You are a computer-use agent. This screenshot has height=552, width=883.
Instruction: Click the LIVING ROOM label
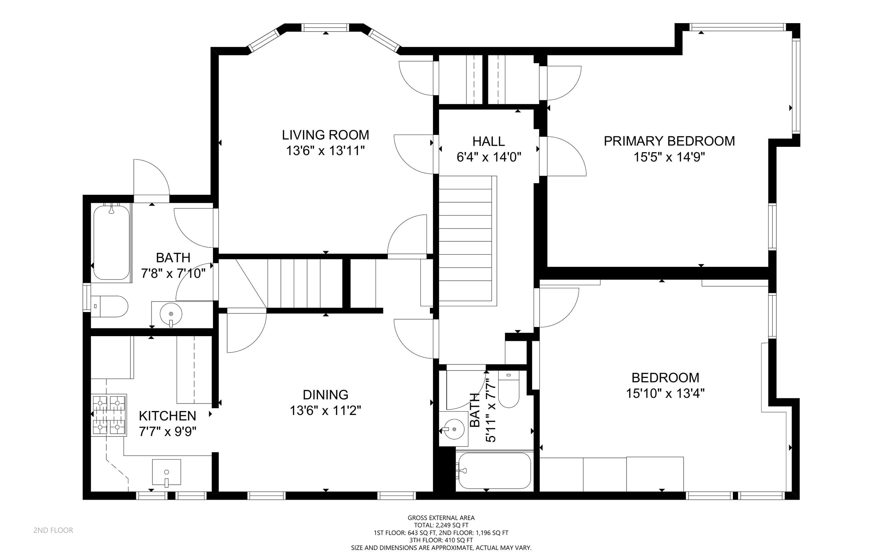tap(325, 135)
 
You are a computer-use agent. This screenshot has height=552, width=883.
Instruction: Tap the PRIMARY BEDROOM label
tap(669, 141)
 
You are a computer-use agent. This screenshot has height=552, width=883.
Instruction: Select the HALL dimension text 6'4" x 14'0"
tap(489, 157)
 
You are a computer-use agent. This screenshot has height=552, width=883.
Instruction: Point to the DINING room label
tap(325, 395)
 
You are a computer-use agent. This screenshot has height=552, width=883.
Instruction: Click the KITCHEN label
tap(167, 416)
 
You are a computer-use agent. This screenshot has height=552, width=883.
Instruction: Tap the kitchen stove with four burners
tap(109, 415)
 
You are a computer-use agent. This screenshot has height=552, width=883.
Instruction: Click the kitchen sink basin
tap(166, 472)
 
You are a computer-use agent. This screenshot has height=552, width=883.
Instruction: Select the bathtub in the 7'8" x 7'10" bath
tap(111, 242)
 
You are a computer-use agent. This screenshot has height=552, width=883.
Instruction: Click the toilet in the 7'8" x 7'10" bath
tap(109, 306)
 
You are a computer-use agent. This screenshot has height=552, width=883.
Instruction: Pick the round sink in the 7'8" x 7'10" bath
tap(171, 314)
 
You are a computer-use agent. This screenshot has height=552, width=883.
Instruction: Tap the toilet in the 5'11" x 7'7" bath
tap(508, 389)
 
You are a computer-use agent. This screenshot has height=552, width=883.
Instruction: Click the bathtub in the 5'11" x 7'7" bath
tap(494, 471)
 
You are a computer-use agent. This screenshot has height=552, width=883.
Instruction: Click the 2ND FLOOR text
tap(53, 530)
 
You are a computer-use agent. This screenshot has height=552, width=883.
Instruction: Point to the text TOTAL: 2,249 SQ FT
tap(441, 525)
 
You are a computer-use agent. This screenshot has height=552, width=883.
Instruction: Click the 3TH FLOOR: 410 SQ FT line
tap(441, 540)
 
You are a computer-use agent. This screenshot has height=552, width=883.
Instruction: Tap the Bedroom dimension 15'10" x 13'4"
tap(665, 394)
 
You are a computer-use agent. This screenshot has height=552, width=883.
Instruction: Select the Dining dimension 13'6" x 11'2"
tap(325, 411)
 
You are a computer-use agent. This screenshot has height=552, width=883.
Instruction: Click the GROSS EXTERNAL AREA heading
tap(441, 518)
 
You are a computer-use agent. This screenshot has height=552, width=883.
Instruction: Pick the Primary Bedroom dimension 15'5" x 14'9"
tap(669, 157)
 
